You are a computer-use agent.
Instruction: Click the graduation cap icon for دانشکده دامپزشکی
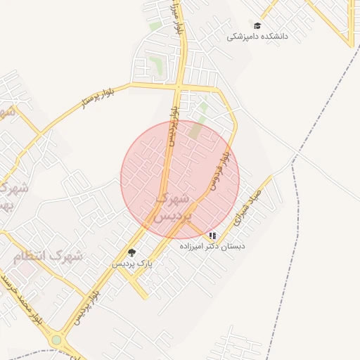(x=257, y=26)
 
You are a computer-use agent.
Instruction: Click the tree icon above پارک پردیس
(x=131, y=252)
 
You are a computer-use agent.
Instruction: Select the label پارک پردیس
(x=132, y=263)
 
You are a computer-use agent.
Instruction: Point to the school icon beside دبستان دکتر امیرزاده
(x=213, y=236)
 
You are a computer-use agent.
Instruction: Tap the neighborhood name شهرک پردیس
(x=172, y=207)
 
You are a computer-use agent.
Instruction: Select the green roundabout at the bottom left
(x=56, y=340)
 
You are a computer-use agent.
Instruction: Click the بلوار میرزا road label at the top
(x=177, y=21)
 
